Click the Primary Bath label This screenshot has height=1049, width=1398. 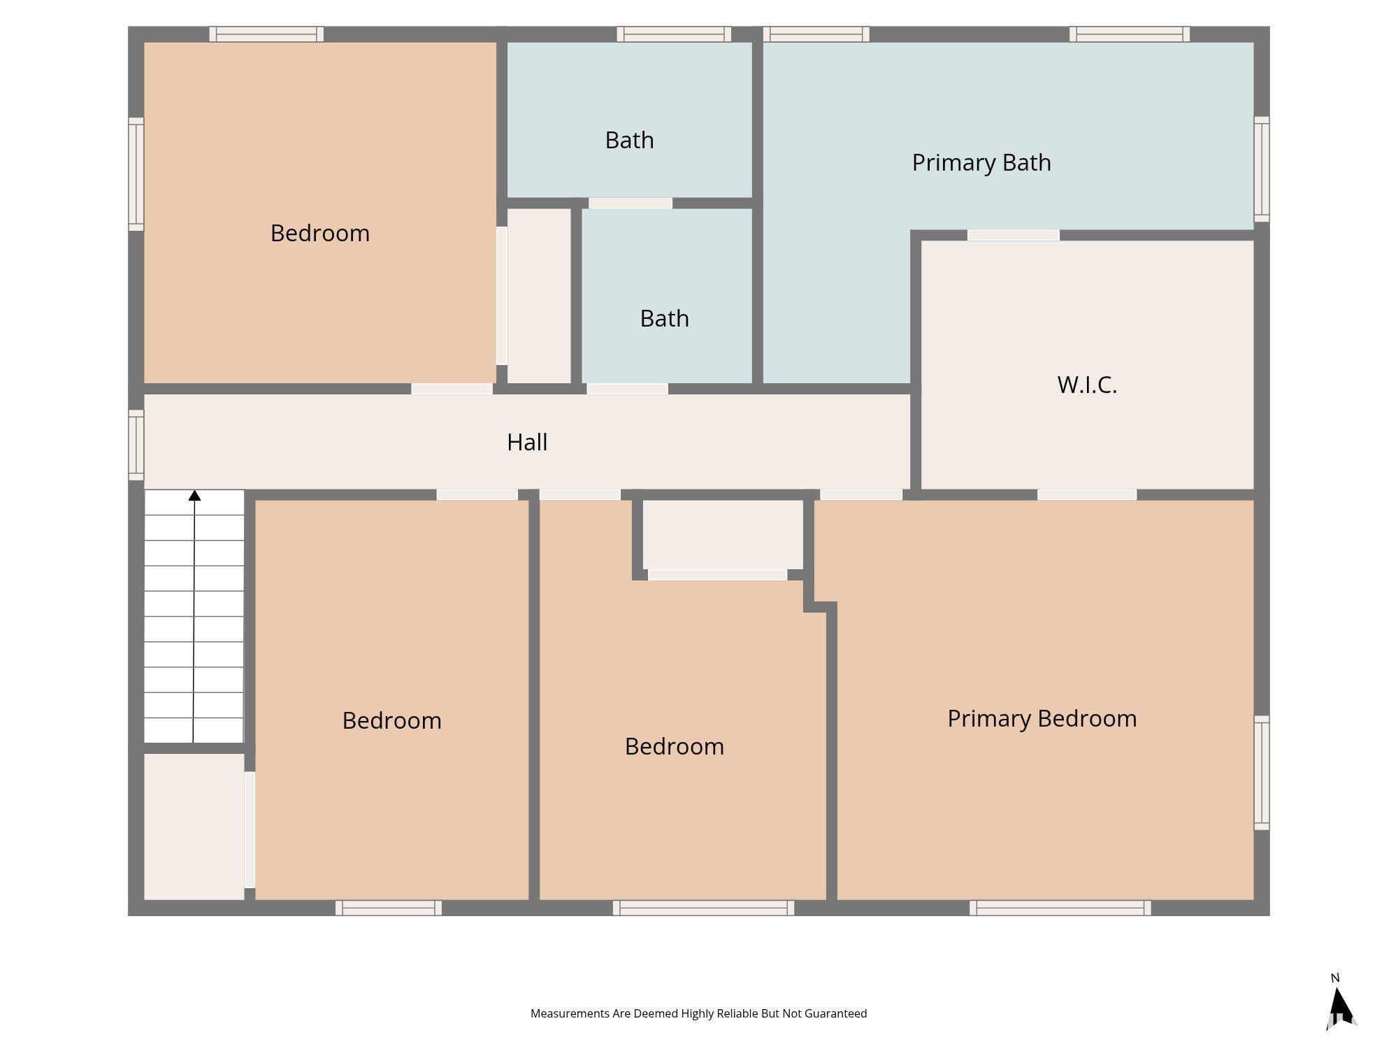click(x=981, y=162)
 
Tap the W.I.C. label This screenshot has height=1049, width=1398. click(x=1087, y=385)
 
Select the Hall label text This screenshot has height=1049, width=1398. click(x=527, y=442)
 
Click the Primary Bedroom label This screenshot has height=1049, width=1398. click(x=1042, y=718)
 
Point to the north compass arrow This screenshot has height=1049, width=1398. click(x=1339, y=1007)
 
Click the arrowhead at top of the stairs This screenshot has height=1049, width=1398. click(x=194, y=496)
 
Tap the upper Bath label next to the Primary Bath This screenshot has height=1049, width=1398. click(x=629, y=140)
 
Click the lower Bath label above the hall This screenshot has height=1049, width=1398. click(x=664, y=318)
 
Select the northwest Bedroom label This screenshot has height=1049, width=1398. click(x=320, y=233)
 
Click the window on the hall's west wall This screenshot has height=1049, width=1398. click(x=136, y=445)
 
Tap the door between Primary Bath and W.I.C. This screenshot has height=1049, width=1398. click(x=1013, y=236)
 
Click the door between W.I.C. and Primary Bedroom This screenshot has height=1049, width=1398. click(x=1087, y=495)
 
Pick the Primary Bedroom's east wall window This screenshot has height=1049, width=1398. click(x=1262, y=773)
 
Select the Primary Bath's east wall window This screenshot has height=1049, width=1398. click(x=1262, y=169)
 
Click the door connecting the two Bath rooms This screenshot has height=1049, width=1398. click(x=630, y=204)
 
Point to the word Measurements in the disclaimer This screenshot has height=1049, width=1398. click(x=570, y=1013)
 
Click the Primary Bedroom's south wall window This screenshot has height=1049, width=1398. click(x=1060, y=908)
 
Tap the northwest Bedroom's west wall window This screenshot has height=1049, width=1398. click(x=136, y=174)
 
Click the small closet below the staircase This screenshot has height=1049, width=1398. click(x=194, y=827)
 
